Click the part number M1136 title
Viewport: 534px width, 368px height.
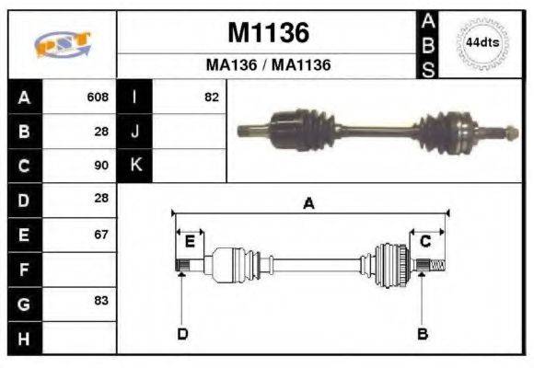268,33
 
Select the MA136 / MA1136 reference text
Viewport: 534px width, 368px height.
268,65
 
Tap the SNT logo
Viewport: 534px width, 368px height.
62,44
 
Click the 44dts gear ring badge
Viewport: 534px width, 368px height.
483,43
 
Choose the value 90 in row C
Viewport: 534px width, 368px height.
101,166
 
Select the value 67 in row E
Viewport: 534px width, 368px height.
101,234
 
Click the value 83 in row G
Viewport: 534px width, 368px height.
101,302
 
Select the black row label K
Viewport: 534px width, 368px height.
135,166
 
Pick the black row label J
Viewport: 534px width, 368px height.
135,132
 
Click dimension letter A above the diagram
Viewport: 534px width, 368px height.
308,204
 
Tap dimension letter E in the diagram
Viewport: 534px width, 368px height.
190,242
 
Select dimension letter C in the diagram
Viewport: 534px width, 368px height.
425,242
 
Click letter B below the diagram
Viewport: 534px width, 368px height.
423,333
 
